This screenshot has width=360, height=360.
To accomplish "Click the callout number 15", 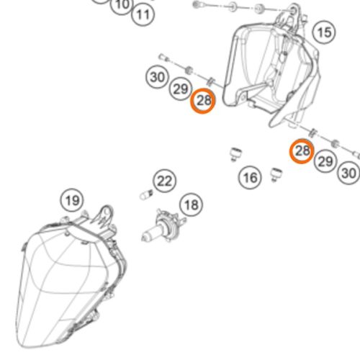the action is [x=324, y=32].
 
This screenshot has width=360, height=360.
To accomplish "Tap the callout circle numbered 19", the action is [x=72, y=200].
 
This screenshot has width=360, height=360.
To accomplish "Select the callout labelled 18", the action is [x=192, y=204].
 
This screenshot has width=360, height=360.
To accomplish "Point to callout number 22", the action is [x=164, y=181].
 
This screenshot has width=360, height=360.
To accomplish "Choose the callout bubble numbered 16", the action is [x=250, y=178].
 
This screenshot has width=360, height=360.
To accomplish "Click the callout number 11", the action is [x=143, y=14].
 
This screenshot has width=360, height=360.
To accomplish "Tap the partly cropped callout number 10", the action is [x=122, y=5].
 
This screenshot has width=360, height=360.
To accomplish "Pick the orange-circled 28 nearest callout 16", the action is [x=302, y=151].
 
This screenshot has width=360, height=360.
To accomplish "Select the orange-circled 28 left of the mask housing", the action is [x=203, y=101].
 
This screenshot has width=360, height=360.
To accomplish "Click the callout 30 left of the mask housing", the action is [x=158, y=77].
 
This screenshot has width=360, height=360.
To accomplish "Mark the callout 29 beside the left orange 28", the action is [x=181, y=89].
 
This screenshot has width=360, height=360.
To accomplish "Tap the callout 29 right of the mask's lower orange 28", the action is [x=325, y=161].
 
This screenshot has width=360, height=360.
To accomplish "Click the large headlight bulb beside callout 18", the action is [x=163, y=226].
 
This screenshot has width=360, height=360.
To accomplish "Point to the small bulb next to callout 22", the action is [x=146, y=194].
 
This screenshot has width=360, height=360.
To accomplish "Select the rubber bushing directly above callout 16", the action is [x=235, y=155].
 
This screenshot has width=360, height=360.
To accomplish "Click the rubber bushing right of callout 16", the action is [x=276, y=175].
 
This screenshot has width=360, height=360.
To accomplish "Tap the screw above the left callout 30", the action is [x=163, y=58].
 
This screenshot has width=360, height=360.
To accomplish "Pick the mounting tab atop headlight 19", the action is [x=103, y=217].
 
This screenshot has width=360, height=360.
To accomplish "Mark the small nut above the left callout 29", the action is [x=189, y=70].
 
